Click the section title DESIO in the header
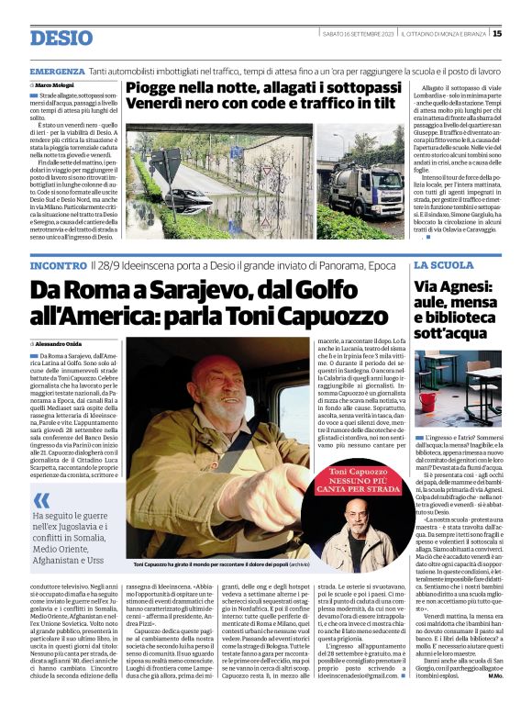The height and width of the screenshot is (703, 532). coord(61,38)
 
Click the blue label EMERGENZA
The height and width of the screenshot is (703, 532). coord(57,71)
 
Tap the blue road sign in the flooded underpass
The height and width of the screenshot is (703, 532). coord(171,168)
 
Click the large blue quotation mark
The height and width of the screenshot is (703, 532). coord(42,502)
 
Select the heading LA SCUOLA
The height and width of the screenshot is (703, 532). coord(444,265)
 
